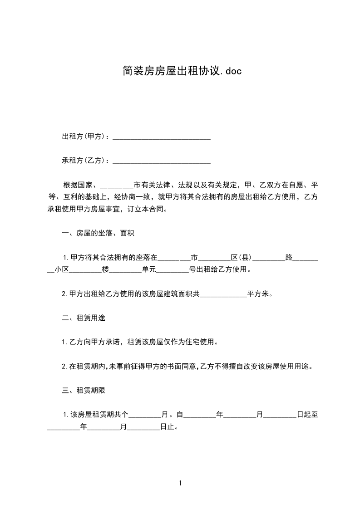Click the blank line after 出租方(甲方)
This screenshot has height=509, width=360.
[x=161, y=137]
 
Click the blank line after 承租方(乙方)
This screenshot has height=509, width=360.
[x=161, y=161]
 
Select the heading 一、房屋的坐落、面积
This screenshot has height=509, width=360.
[x=98, y=234]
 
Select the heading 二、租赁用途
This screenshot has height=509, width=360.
[x=84, y=318]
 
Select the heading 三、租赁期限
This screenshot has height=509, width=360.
[x=84, y=390]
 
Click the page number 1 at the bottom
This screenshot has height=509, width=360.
[x=180, y=483]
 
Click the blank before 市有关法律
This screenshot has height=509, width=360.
[x=116, y=186]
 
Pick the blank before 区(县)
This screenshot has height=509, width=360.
[x=215, y=258]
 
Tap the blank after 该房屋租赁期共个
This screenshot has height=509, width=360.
[x=145, y=415]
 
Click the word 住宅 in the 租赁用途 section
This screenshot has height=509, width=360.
[x=193, y=342]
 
